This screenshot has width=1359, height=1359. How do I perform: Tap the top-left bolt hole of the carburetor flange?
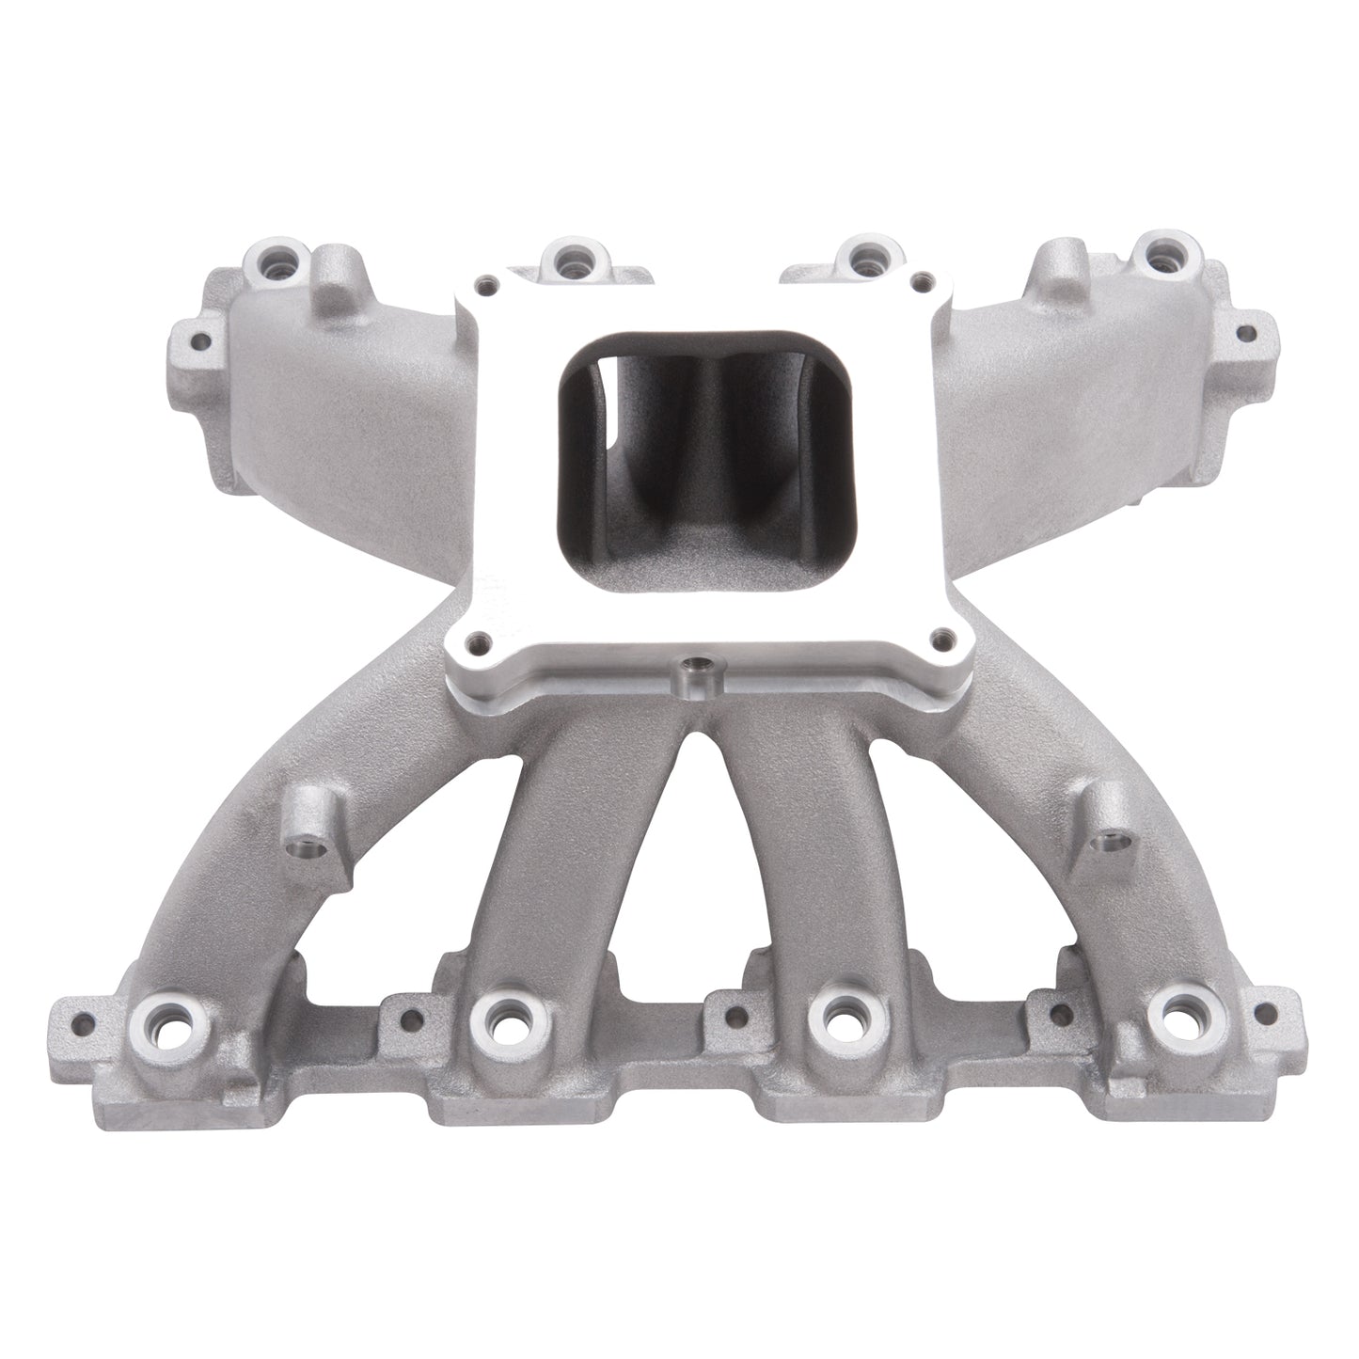click(486, 281)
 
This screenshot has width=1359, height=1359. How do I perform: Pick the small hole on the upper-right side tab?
click(1247, 333)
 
